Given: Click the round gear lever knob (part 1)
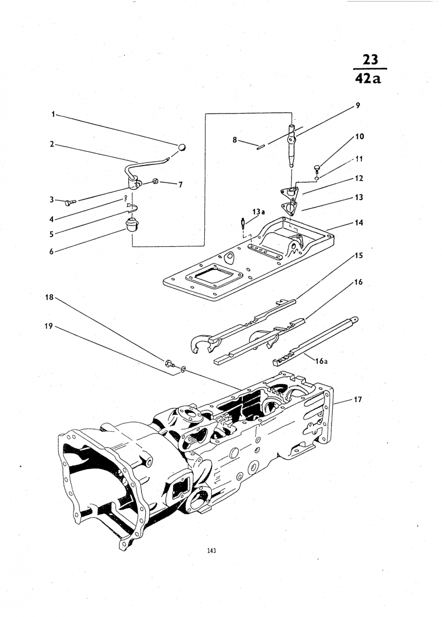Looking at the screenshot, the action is tap(182, 148).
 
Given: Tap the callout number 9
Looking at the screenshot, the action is tap(358, 106).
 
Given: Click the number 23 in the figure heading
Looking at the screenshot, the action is tap(370, 59).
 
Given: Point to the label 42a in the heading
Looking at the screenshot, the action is tap(369, 79).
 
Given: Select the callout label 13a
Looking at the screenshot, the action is tap(259, 212).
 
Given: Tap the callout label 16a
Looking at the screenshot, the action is tap(321, 361).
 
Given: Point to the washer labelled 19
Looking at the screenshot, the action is tap(183, 368).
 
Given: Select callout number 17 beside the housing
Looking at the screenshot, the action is tap(358, 399).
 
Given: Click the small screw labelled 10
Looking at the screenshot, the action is tap(317, 168).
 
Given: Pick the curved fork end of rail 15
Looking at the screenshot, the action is tap(201, 343).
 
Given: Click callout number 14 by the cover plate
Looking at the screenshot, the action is tap(359, 223).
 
